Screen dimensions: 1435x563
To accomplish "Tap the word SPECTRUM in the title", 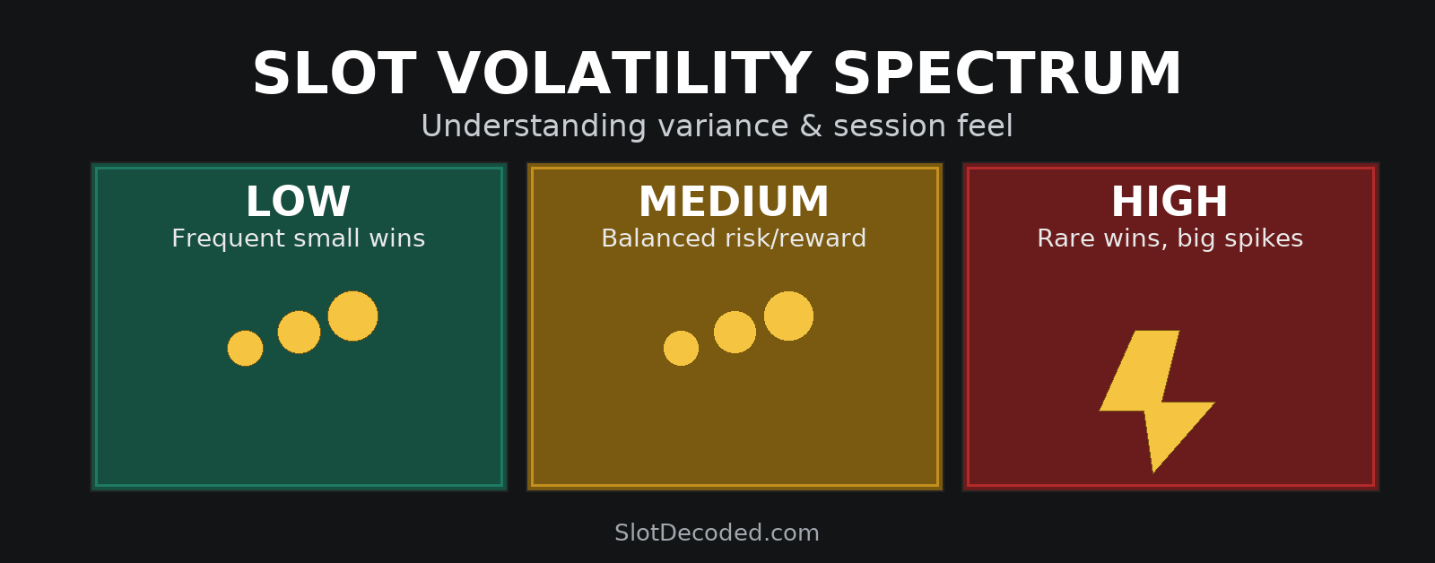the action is [x=1006, y=74].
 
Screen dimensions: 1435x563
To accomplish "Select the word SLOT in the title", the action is [x=334, y=74].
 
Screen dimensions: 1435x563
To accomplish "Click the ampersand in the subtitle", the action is [x=811, y=126].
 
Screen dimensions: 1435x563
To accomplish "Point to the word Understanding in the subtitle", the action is [x=534, y=126].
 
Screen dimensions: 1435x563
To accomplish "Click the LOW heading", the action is [x=298, y=202].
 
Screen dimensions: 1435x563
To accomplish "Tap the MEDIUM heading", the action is [x=735, y=202].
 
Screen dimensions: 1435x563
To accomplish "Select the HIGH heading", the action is [x=1170, y=202].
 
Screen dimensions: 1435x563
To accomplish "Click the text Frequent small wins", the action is [x=299, y=238].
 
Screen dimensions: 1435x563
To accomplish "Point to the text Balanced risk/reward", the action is [x=735, y=238].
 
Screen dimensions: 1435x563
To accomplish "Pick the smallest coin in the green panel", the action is [x=246, y=349].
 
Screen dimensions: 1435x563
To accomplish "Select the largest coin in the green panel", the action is [x=353, y=316].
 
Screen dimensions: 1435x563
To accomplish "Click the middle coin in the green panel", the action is [x=300, y=332].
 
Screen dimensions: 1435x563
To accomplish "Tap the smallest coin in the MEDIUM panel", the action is [x=681, y=349].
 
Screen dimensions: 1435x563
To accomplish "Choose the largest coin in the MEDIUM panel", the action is [x=788, y=316].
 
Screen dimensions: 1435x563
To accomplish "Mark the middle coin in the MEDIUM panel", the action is [x=735, y=332].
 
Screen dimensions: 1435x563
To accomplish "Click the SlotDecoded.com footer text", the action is [x=717, y=533].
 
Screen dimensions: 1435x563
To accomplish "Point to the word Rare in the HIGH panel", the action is [x=1062, y=238].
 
